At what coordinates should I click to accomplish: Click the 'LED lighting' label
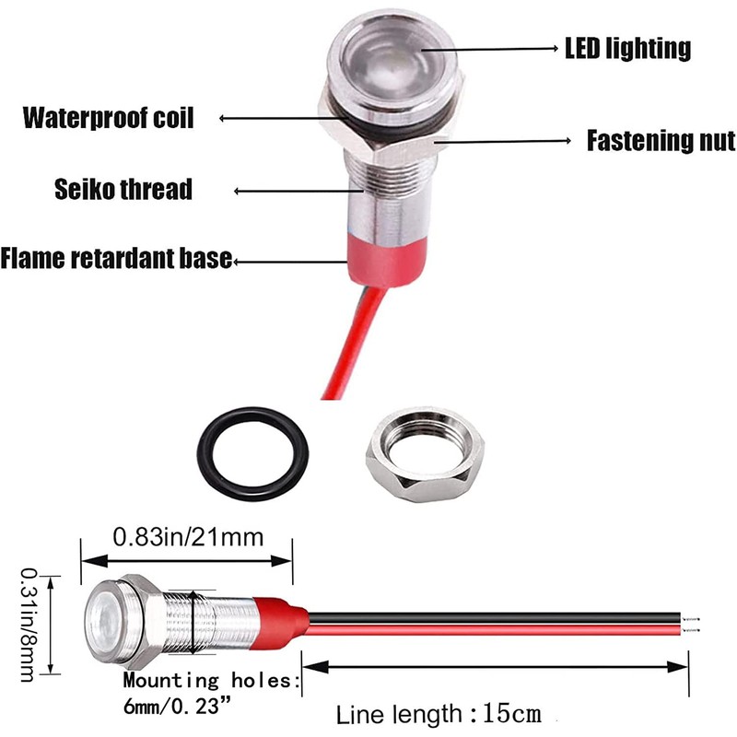(627, 47)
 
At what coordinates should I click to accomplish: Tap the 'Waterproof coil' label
(109, 118)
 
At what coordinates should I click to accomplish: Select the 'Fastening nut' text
(661, 141)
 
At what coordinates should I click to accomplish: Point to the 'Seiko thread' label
(123, 190)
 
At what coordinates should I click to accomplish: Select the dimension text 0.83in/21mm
(188, 535)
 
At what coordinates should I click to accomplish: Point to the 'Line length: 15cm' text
(437, 714)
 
